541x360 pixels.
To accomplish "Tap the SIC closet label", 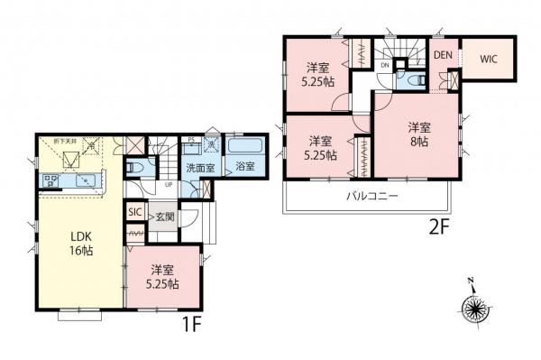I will [134, 212].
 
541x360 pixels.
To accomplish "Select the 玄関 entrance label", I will [163, 216].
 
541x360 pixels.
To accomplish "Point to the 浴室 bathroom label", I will [243, 168].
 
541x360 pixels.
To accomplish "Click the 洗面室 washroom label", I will [199, 168].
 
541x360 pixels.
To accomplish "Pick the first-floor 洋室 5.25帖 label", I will [163, 276].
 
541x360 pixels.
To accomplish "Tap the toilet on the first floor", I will [134, 167].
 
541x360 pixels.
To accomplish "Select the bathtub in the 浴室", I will [243, 145].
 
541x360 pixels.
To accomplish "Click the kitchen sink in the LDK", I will [85, 180].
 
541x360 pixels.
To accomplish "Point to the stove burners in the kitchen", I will [50, 182].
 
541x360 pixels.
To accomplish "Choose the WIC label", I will [489, 60].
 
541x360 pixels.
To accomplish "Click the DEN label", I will [442, 54].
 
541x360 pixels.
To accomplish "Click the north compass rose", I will [475, 310].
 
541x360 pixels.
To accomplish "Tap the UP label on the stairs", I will [169, 185].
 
